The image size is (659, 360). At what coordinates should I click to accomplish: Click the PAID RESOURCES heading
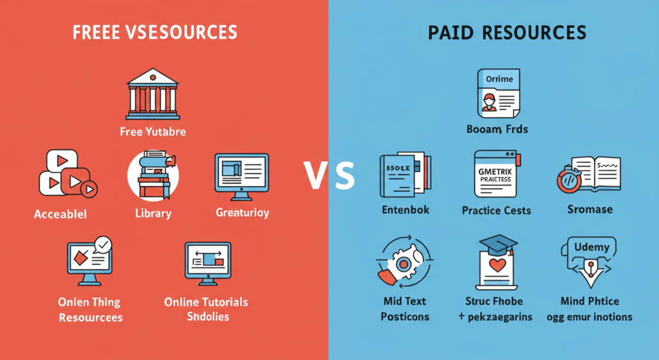tap(507, 33)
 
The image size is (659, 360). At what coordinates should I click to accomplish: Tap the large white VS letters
tap(329, 175)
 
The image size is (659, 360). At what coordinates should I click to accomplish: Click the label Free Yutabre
tap(153, 132)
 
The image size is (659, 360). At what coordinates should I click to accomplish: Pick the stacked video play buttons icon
tap(66, 173)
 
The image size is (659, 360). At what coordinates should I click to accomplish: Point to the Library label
tap(153, 213)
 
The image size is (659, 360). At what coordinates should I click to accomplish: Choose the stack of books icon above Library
tap(153, 175)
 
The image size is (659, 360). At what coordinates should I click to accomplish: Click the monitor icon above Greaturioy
tap(241, 174)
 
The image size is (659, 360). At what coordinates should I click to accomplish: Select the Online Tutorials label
tap(206, 302)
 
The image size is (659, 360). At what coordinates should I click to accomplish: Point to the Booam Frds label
tap(497, 129)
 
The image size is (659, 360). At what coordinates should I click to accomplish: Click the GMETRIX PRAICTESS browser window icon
tap(496, 174)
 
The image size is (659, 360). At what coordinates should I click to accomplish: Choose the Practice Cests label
tap(496, 211)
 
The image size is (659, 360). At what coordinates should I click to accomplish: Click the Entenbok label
tap(405, 211)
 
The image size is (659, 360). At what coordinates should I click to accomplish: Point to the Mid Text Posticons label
tap(405, 308)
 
